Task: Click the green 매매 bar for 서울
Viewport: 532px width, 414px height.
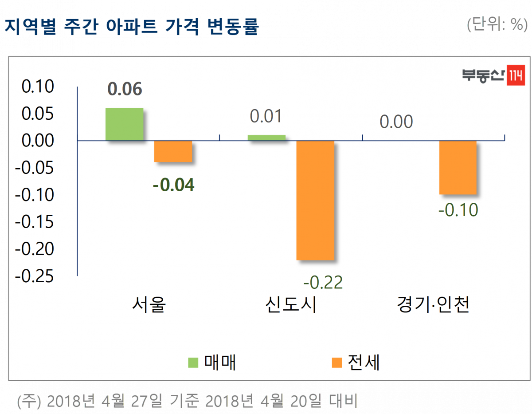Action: [x=124, y=124]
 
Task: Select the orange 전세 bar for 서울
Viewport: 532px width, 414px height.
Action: [x=173, y=151]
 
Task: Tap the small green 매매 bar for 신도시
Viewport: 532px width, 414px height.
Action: [x=266, y=138]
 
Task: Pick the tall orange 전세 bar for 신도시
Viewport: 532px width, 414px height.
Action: [x=315, y=200]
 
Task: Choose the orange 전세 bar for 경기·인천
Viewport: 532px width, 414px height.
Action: [x=458, y=167]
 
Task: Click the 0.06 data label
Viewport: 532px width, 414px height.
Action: [x=125, y=89]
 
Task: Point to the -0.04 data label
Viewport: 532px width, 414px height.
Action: [x=173, y=185]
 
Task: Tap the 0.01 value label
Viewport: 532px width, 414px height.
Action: [x=266, y=116]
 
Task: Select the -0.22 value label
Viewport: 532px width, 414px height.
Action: [x=323, y=282]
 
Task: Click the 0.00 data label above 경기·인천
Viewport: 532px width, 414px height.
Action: [x=396, y=122]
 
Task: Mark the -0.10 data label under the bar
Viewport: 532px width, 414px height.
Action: [x=458, y=209]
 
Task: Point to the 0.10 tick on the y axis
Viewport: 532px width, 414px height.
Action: [x=38, y=87]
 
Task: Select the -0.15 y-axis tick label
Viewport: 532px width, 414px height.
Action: [x=35, y=222]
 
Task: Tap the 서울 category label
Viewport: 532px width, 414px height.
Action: [x=149, y=305]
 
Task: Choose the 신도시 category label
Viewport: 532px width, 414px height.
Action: [x=291, y=305]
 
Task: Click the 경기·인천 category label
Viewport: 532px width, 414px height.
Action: [x=433, y=305]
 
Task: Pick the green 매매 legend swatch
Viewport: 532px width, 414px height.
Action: [x=193, y=363]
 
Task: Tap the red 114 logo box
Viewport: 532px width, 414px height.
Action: [x=515, y=76]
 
